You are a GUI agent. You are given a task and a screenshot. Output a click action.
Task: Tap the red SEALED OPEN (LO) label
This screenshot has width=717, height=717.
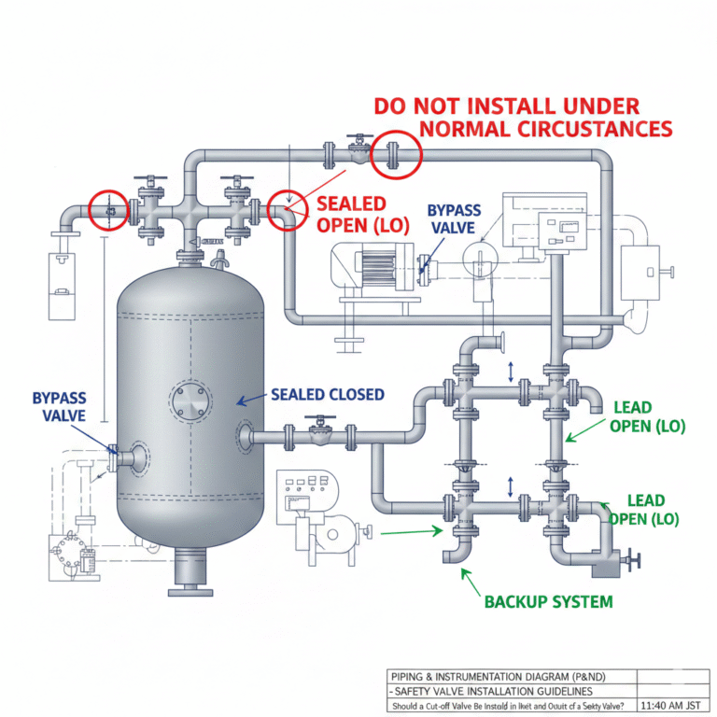pyautogui.click(x=358, y=214)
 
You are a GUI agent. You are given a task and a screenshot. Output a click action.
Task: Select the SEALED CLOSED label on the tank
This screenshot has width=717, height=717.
pyautogui.click(x=327, y=395)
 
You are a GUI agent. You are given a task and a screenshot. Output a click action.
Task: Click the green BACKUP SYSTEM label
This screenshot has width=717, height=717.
pyautogui.click(x=548, y=601)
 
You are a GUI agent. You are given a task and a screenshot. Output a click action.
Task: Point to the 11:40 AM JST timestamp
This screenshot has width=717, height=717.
pyautogui.click(x=668, y=706)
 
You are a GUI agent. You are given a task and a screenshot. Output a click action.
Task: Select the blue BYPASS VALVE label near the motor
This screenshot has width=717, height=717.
pyautogui.click(x=452, y=219)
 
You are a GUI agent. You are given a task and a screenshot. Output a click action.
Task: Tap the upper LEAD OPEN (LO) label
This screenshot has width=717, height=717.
pyautogui.click(x=647, y=417)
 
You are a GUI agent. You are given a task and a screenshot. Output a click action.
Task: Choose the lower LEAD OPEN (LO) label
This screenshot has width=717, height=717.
pyautogui.click(x=645, y=509)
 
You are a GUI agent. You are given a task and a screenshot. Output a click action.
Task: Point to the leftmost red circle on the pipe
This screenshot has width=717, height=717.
pyautogui.click(x=107, y=211)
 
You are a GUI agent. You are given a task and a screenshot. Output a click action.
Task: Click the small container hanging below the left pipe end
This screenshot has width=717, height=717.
pyautogui.click(x=61, y=280)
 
